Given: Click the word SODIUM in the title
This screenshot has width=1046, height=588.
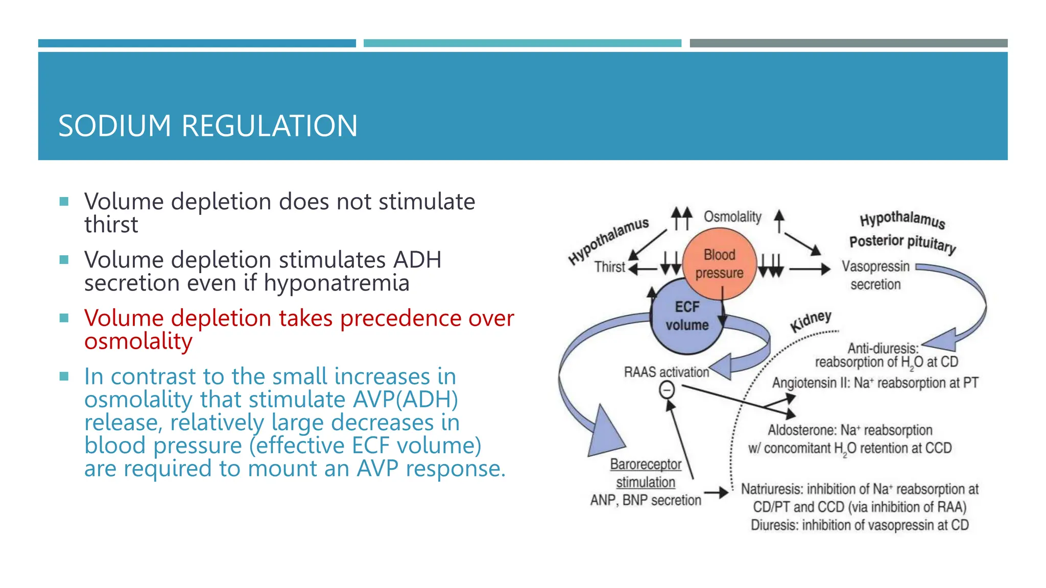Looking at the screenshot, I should pyautogui.click(x=114, y=126).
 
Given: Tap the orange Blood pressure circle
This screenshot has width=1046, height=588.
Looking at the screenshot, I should pyautogui.click(x=719, y=263).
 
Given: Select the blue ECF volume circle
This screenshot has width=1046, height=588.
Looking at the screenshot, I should pyautogui.click(x=687, y=316).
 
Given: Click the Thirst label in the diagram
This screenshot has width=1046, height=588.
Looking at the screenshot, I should pyautogui.click(x=609, y=267).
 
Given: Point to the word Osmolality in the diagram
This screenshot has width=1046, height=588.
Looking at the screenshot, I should pyautogui.click(x=732, y=217).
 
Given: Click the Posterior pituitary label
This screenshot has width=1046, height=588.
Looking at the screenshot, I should pyautogui.click(x=902, y=243).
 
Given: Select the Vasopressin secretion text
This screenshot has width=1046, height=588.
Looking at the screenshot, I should pyautogui.click(x=875, y=275).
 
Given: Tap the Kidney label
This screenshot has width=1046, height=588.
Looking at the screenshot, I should pyautogui.click(x=811, y=322).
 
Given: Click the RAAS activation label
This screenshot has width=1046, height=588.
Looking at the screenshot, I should pyautogui.click(x=666, y=372).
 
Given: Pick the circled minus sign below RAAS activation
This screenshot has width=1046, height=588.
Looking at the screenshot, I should pyautogui.click(x=667, y=390).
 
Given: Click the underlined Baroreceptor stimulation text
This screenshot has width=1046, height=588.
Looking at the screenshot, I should pyautogui.click(x=646, y=473).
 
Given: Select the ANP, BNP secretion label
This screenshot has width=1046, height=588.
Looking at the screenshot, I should pyautogui.click(x=646, y=500).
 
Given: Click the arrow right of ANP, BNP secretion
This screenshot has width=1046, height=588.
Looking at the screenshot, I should pyautogui.click(x=716, y=493).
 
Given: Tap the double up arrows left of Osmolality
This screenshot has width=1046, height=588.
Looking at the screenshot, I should pyautogui.click(x=681, y=218).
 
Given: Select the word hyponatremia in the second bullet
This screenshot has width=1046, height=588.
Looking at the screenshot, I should pyautogui.click(x=337, y=283).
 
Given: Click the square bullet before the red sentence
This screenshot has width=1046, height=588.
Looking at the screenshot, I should pyautogui.click(x=64, y=318).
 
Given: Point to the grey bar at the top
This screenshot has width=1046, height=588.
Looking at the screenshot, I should pyautogui.click(x=848, y=43).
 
